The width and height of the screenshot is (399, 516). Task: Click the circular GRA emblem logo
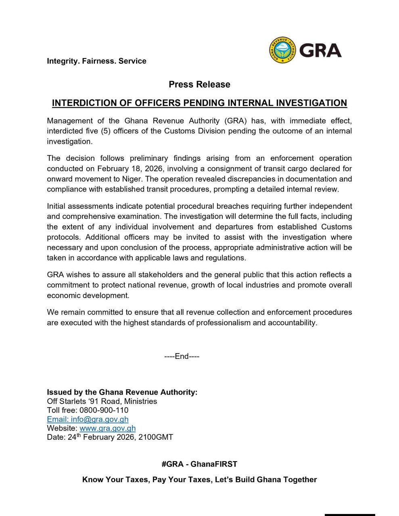(x=283, y=50)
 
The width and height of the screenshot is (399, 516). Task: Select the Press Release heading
(x=199, y=85)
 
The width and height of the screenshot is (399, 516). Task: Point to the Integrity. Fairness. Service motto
(x=96, y=61)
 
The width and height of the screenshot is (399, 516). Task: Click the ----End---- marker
(x=182, y=356)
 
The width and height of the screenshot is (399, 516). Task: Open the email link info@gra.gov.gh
(x=88, y=419)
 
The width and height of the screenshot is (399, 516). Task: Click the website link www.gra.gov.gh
(x=107, y=428)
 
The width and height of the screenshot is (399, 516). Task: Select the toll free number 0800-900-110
(x=104, y=410)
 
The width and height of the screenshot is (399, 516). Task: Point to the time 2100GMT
(x=156, y=437)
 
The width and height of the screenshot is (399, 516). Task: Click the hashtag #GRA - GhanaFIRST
(x=199, y=464)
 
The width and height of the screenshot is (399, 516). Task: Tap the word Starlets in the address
(x=73, y=402)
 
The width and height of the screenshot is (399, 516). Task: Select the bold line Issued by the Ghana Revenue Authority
(x=122, y=392)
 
